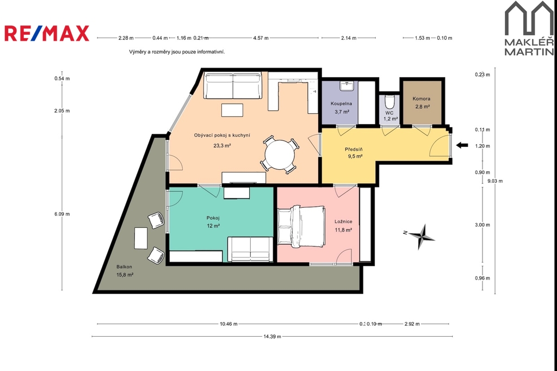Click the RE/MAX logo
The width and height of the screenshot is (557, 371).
[x=47, y=33]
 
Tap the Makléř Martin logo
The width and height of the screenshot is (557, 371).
[x=529, y=28]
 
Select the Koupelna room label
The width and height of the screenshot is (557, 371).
[x=342, y=104]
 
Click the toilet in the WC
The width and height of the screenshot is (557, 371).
[x=389, y=102]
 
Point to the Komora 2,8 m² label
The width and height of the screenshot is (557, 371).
[x=422, y=103]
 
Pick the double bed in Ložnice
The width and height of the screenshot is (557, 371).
[x=301, y=226]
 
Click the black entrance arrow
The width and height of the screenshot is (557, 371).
[x=462, y=145]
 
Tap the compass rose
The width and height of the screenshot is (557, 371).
[x=422, y=236]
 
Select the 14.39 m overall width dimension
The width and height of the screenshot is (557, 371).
[x=273, y=337]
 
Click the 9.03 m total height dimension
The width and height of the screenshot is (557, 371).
[x=495, y=181]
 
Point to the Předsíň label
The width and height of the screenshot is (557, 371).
[x=354, y=150]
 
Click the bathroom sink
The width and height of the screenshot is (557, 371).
[x=345, y=85]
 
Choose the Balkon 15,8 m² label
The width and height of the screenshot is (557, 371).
[x=125, y=271]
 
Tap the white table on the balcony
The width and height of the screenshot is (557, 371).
[x=141, y=238]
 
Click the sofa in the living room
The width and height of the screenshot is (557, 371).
[x=233, y=86]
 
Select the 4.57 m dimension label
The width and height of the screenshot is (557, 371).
[x=261, y=38]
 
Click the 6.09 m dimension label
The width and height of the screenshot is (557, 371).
[x=62, y=214]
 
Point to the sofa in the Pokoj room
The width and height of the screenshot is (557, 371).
[x=250, y=249]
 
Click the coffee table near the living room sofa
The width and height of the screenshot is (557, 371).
[x=232, y=110]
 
